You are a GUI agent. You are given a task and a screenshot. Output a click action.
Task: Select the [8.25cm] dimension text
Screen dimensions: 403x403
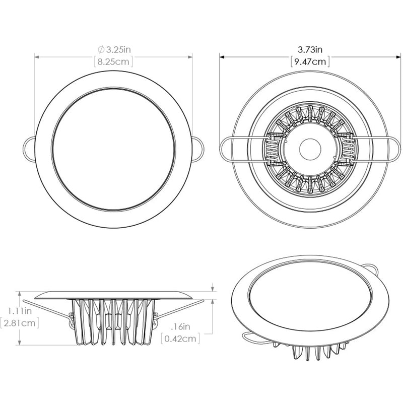(x=113, y=62)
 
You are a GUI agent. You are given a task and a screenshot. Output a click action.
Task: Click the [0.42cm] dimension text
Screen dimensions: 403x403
(x=180, y=339)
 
